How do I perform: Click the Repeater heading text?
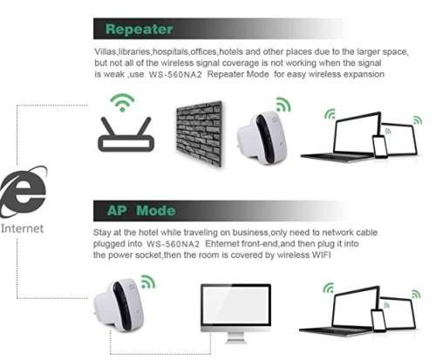[139, 29]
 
